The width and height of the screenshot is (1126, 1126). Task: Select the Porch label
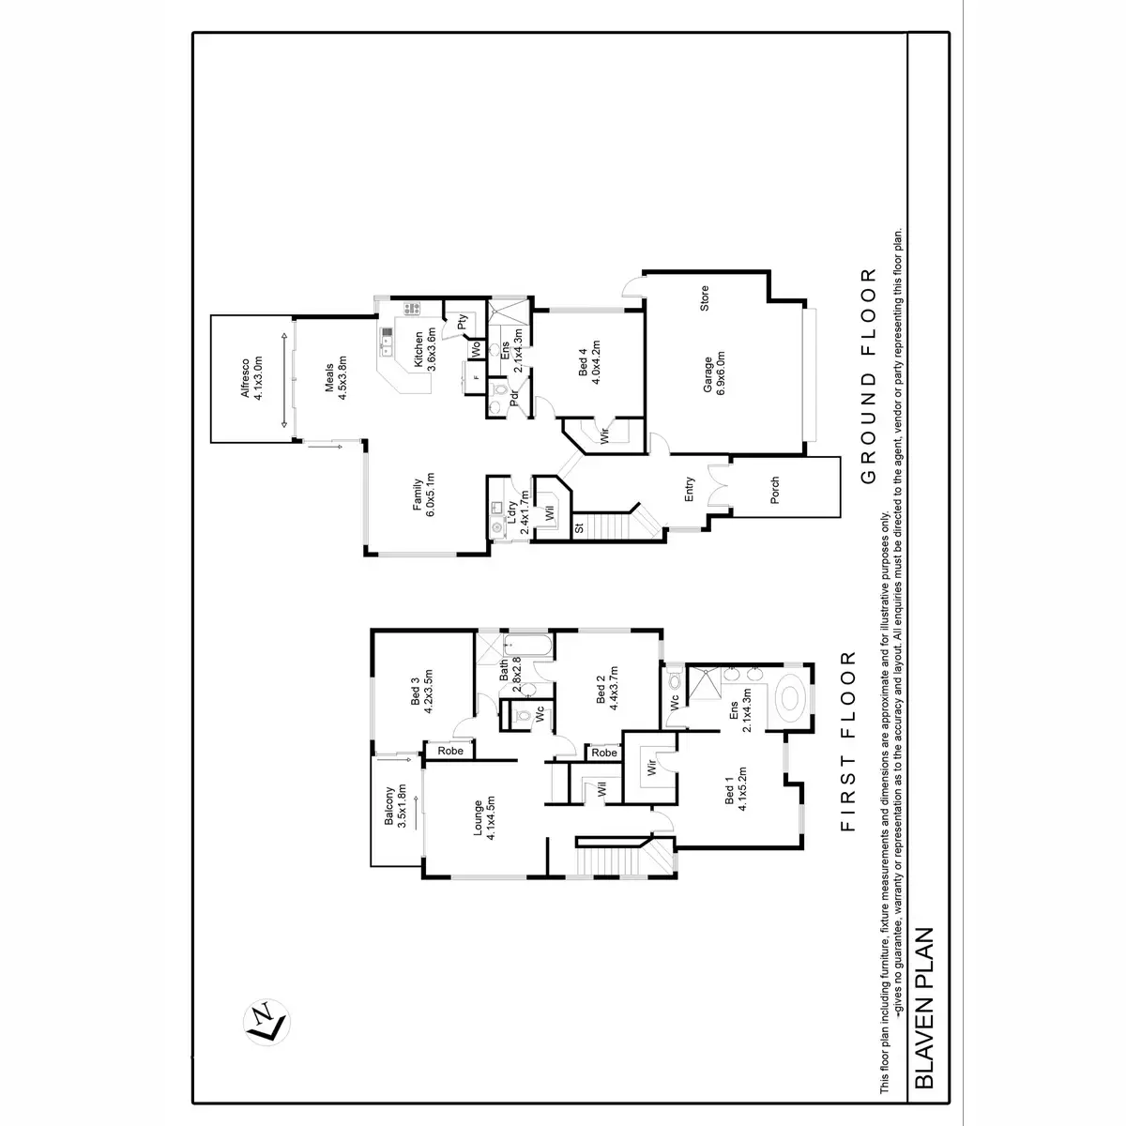774,489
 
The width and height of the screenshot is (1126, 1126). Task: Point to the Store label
704,298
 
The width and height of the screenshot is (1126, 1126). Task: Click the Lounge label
484,816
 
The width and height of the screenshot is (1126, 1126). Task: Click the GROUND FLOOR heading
868,376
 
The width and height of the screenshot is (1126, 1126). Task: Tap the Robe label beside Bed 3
448,751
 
